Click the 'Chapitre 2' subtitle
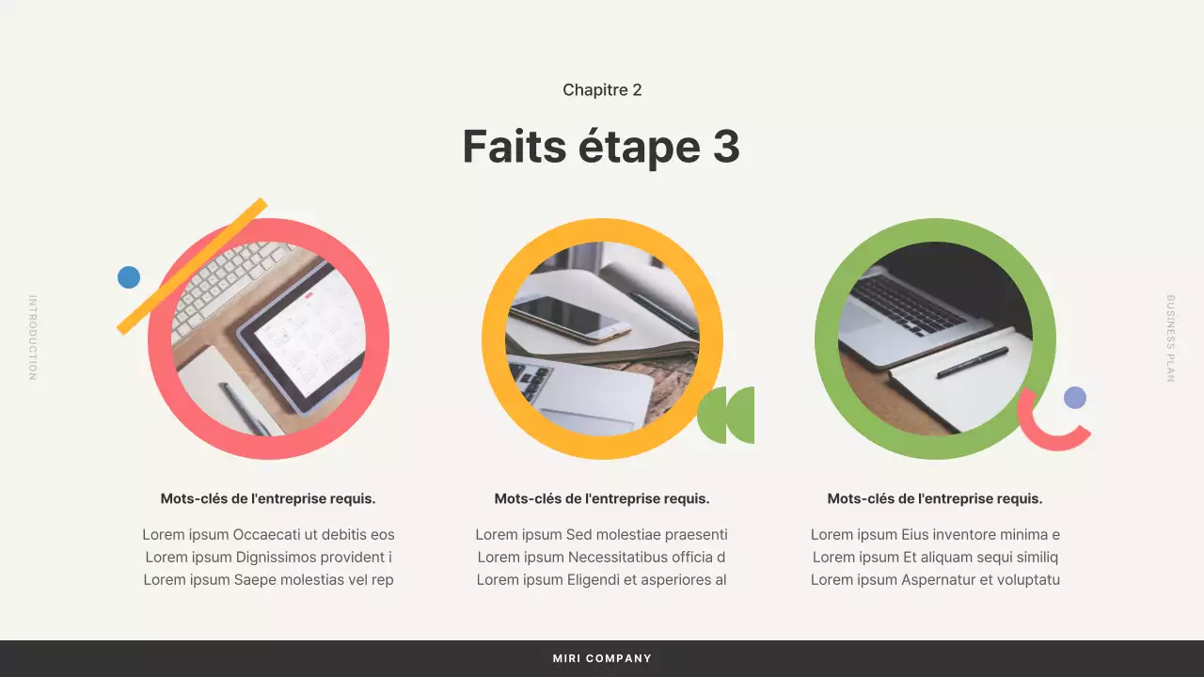(x=602, y=90)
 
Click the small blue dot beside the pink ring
(x=129, y=277)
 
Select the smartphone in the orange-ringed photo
(x=568, y=318)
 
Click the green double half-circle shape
(x=726, y=415)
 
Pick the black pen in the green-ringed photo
(x=972, y=363)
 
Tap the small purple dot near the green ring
(x=1075, y=398)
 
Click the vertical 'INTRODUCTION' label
(x=33, y=338)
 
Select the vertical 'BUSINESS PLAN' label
(x=1171, y=338)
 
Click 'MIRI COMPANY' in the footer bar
(x=602, y=658)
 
